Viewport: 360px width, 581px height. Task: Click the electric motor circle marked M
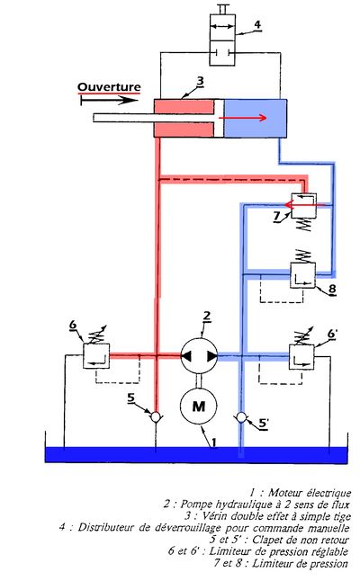click(198, 406)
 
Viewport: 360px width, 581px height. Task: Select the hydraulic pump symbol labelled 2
click(199, 356)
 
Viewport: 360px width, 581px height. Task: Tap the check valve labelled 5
click(156, 417)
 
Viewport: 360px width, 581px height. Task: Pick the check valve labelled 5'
click(241, 417)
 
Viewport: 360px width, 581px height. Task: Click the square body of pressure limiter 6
click(96, 356)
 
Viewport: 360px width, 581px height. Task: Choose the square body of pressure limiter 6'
click(301, 357)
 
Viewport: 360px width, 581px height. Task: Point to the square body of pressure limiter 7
click(304, 205)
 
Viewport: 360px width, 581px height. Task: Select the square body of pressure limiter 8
click(302, 275)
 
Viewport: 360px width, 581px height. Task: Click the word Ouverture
click(109, 87)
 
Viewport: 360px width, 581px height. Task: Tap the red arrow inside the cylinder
click(243, 118)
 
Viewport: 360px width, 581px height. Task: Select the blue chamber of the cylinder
click(256, 118)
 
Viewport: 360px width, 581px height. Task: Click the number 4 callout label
click(257, 25)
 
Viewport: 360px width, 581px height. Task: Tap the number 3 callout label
click(200, 81)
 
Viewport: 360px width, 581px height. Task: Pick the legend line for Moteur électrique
click(300, 493)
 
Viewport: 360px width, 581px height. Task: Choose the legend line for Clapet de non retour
click(279, 540)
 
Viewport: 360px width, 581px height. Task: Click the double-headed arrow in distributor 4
click(222, 26)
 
